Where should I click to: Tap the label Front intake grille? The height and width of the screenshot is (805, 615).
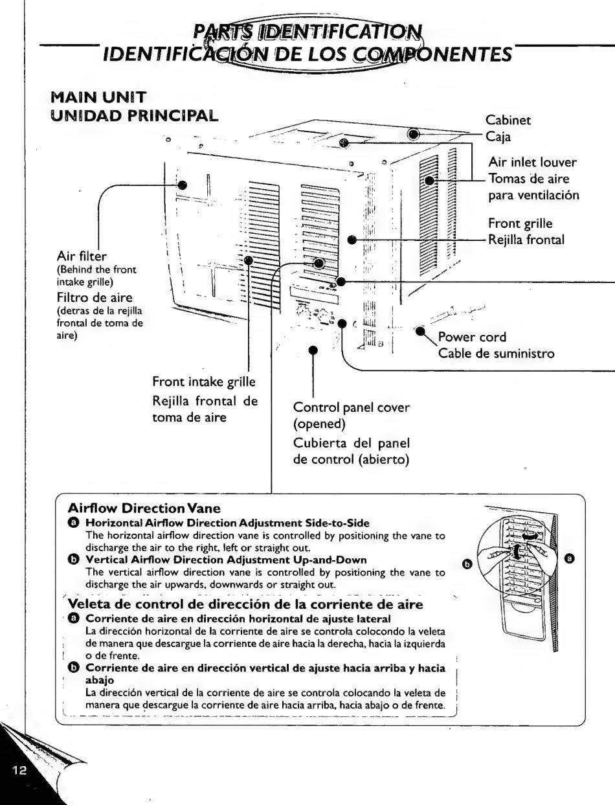coord(205,383)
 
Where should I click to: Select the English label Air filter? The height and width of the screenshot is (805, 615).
coord(79,257)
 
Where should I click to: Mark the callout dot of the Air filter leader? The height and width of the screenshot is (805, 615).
coord(183,185)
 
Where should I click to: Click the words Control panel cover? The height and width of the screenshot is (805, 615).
coord(352,408)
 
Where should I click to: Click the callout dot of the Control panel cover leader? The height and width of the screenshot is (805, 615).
coord(313,350)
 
